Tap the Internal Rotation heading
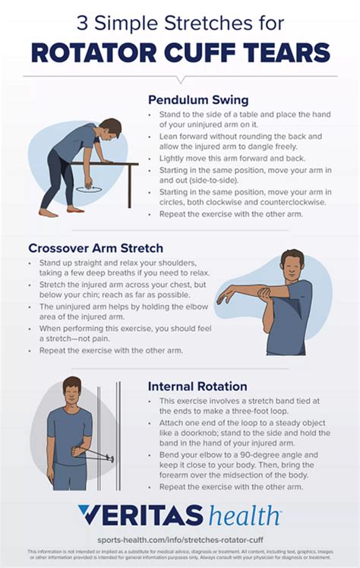point(197,385)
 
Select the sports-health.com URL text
point(180,537)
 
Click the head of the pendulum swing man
point(110,128)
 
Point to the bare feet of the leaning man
point(61,211)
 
